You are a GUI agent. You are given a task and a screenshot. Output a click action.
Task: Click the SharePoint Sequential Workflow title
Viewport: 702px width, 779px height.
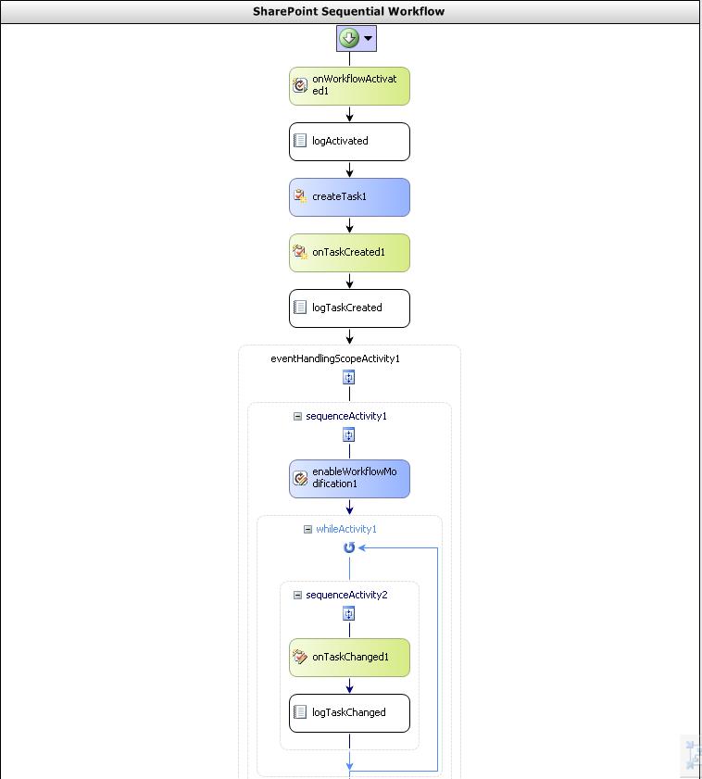pyautogui.click(x=348, y=11)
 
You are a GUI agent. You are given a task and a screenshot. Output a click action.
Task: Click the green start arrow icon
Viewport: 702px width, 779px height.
pyautogui.click(x=349, y=38)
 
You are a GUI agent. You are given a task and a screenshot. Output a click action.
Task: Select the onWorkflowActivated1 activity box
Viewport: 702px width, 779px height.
pyautogui.click(x=349, y=86)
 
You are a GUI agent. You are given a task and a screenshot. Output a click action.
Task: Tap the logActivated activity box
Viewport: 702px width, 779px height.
pyautogui.click(x=349, y=142)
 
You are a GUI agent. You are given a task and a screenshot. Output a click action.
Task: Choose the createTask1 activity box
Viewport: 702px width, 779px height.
pyautogui.click(x=349, y=197)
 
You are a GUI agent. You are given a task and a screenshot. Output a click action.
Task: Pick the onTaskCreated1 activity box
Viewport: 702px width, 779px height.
pyautogui.click(x=349, y=253)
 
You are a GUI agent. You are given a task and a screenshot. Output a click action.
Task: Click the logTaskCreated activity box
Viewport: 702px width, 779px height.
pyautogui.click(x=349, y=308)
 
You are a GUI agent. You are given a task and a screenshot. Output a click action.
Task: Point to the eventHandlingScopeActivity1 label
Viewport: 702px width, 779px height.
pyautogui.click(x=335, y=358)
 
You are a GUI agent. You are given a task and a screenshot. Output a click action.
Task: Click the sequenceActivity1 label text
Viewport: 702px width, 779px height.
pyautogui.click(x=346, y=416)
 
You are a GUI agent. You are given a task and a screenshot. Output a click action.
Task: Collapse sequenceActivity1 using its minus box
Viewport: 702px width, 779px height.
pyautogui.click(x=297, y=416)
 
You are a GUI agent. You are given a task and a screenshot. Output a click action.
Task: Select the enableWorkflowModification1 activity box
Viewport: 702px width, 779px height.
pyautogui.click(x=349, y=479)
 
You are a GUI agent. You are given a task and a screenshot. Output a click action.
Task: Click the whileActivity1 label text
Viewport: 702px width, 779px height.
pyautogui.click(x=346, y=529)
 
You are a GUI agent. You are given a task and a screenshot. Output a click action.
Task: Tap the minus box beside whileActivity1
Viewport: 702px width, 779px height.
pyautogui.click(x=308, y=529)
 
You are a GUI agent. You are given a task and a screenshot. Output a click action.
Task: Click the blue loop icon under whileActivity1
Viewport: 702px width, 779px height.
pyautogui.click(x=349, y=547)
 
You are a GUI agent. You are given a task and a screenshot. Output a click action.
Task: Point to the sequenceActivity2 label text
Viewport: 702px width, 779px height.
pyautogui.click(x=346, y=596)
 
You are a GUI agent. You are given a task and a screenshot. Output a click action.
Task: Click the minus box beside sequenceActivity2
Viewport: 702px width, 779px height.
pyautogui.click(x=297, y=596)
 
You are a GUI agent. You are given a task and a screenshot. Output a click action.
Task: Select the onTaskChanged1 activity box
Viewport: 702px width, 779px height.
pyautogui.click(x=349, y=658)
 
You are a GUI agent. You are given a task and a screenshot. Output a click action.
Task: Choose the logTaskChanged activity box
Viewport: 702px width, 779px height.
pyautogui.click(x=349, y=713)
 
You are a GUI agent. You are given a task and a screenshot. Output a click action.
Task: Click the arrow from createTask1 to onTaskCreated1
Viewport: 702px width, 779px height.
pyautogui.click(x=349, y=225)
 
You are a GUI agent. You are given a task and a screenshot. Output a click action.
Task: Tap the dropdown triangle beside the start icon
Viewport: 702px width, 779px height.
pyautogui.click(x=368, y=38)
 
